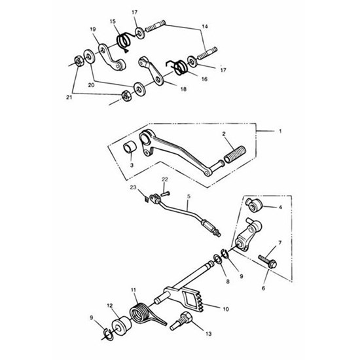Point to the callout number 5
coord(189,196)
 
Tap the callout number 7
coord(279,243)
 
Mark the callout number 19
coord(92,29)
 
